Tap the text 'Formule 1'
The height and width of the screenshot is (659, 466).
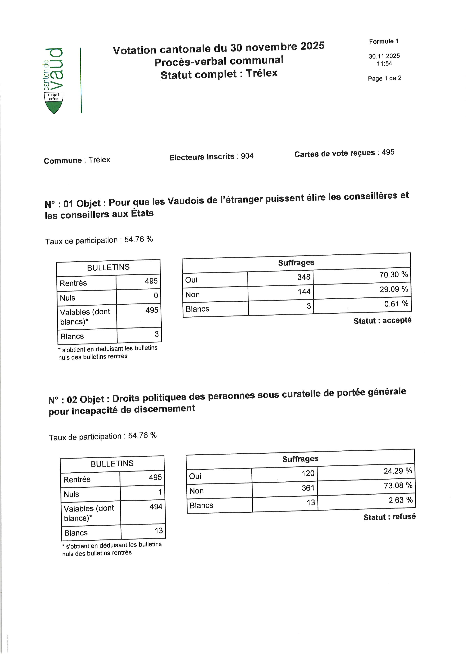pos(384,41)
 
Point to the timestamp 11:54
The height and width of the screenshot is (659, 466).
pos(384,64)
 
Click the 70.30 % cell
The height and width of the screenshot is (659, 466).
pos(393,275)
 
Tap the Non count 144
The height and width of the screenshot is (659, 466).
pos(304,292)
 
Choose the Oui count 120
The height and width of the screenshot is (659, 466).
pos(308,473)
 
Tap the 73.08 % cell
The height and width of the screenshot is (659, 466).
pos(398,485)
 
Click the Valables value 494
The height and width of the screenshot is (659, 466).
pos(156,507)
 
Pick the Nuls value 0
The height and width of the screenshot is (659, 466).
pos(156,296)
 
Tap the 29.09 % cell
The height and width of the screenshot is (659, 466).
pos(394,289)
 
